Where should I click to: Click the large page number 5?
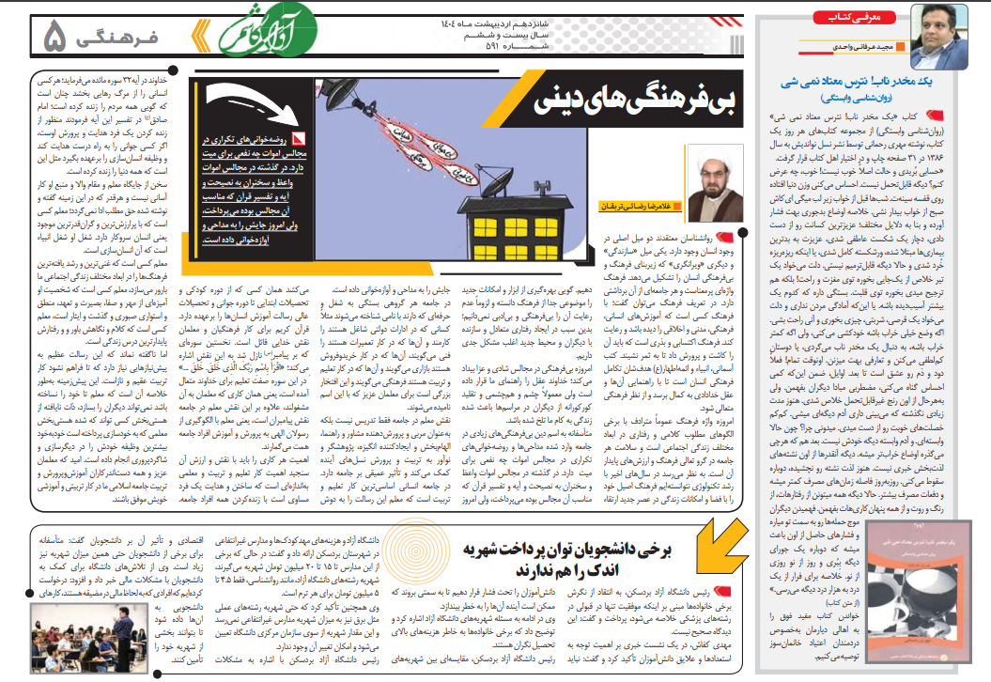point(55,37)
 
